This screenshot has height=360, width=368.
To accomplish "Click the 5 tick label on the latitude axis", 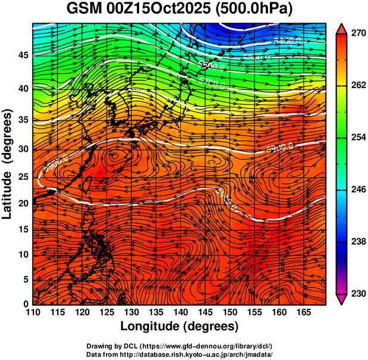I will pos(25,279).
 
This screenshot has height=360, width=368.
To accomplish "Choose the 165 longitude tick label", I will pos(301,312).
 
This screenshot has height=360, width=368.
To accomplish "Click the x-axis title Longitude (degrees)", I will pos(180,326).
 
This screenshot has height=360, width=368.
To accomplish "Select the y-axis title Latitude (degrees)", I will pos(8,164).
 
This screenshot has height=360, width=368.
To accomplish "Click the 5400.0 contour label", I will pos(287,41).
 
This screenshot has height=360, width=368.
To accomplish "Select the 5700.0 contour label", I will pos(212,82).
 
